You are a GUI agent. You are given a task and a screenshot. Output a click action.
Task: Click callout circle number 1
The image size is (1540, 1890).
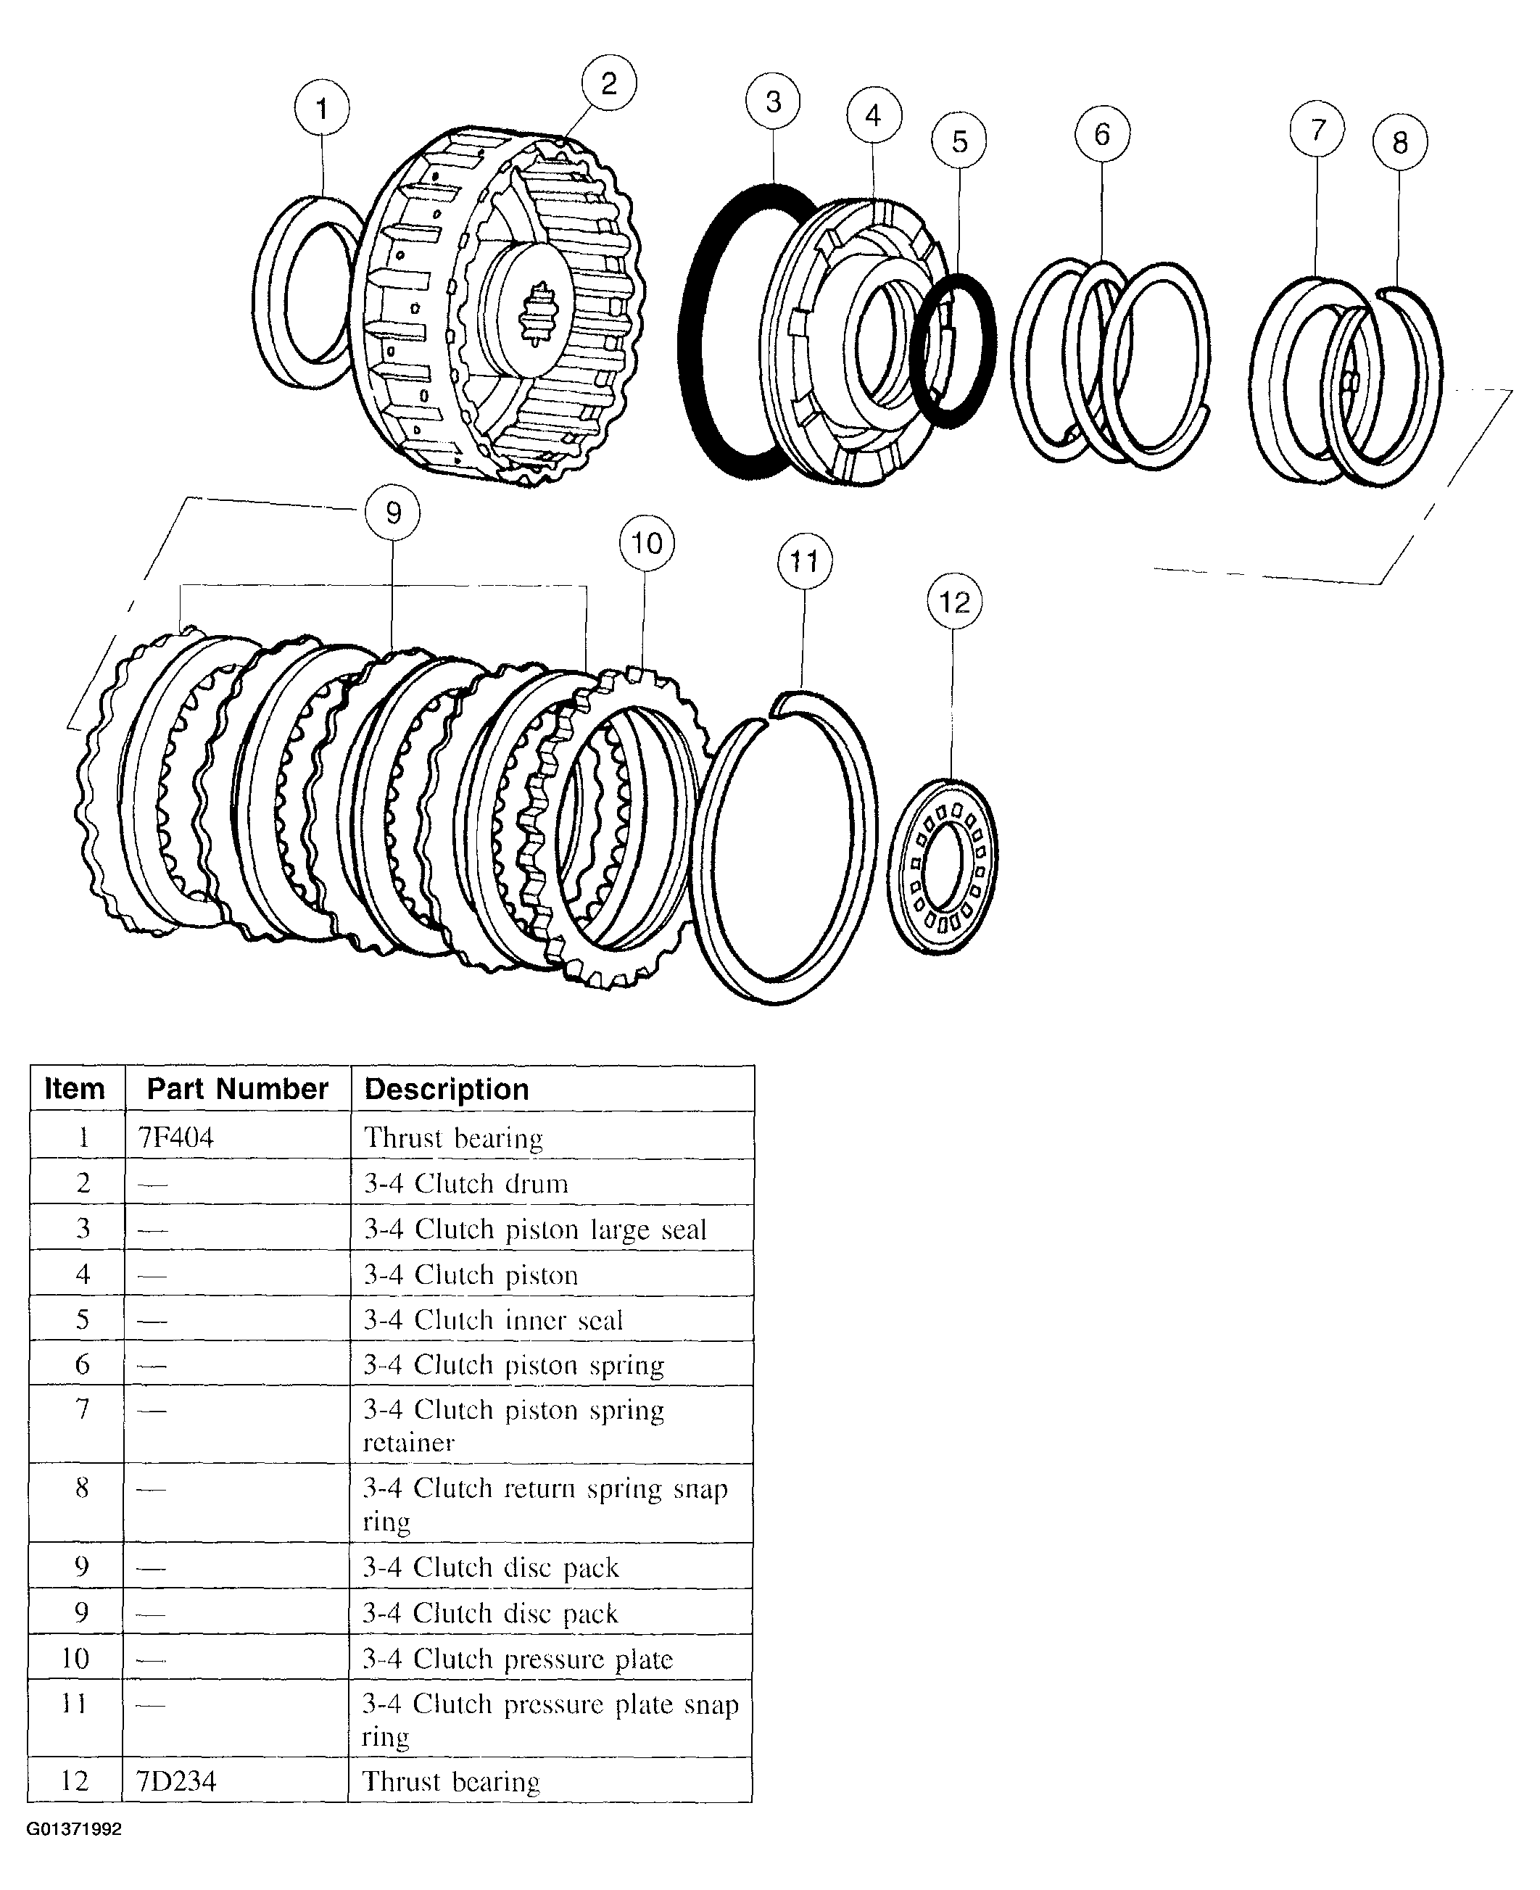(321, 108)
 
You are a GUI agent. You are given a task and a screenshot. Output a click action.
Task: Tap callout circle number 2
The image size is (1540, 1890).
(608, 83)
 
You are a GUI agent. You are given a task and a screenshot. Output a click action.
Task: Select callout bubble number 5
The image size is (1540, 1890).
(959, 141)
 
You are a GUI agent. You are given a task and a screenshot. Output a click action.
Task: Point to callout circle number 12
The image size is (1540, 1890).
(953, 602)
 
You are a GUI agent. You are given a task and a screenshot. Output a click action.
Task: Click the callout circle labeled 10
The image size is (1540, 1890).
(647, 543)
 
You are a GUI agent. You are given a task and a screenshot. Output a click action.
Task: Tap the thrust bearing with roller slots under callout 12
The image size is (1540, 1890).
(942, 866)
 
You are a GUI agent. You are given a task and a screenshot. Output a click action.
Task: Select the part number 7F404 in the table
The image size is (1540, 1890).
(175, 1137)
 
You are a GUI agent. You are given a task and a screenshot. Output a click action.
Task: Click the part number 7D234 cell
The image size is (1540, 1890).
(175, 1781)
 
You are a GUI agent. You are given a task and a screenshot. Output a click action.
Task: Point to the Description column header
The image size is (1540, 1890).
(446, 1089)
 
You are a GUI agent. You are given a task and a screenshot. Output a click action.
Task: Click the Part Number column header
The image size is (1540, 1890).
(237, 1088)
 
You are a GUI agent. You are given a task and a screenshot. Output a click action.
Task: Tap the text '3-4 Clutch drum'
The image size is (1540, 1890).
(465, 1183)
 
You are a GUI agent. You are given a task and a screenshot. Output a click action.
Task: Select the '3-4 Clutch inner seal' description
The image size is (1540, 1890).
(493, 1319)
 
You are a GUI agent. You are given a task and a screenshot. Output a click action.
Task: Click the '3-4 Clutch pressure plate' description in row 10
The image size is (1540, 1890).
(517, 1659)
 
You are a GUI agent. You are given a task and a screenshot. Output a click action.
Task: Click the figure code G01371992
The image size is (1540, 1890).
(75, 1829)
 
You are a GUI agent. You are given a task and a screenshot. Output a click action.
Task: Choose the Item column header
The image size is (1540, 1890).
(75, 1088)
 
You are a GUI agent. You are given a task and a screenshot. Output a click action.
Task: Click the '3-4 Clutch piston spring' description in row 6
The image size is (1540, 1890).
(513, 1365)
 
